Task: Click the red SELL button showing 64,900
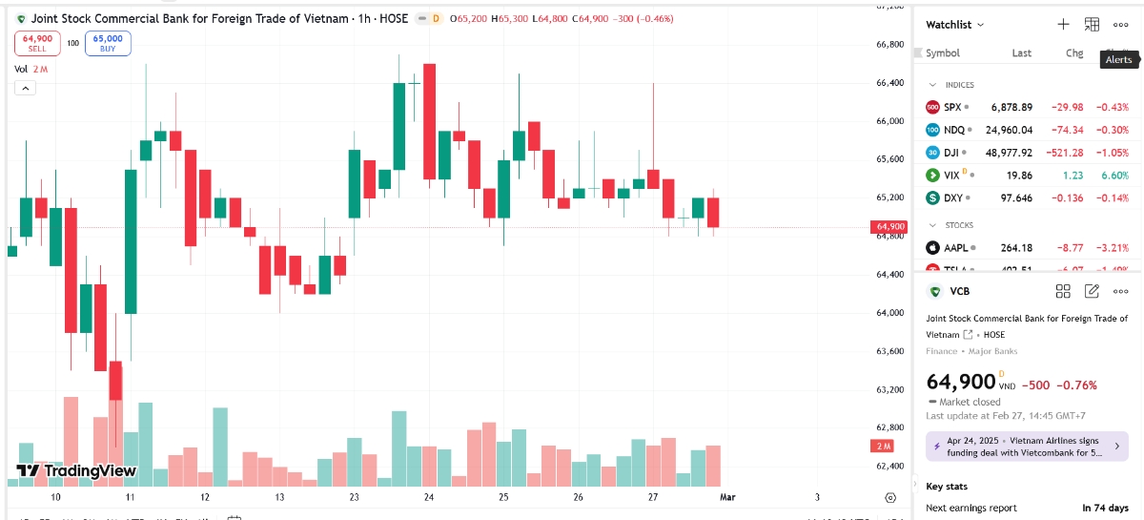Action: [38, 43]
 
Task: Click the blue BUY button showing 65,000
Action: [108, 43]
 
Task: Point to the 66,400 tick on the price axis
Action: [890, 83]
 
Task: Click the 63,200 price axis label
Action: [890, 389]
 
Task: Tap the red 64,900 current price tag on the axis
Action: [888, 227]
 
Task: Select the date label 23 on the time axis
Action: [355, 497]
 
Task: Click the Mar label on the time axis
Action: [727, 497]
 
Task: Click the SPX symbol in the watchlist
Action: [952, 107]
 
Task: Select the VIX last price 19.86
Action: [1020, 176]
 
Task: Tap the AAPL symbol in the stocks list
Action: [956, 248]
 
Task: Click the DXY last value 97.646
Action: [1015, 198]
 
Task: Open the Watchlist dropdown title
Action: [954, 25]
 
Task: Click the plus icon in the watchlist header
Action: [1064, 25]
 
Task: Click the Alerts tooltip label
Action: [1118, 59]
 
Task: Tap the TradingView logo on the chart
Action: [77, 470]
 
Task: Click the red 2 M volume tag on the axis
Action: [882, 447]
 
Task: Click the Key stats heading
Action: [947, 487]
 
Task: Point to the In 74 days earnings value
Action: [1105, 508]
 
